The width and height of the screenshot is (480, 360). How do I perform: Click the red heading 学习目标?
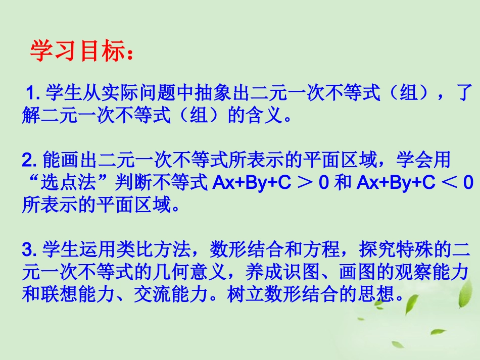pyautogui.click(x=76, y=51)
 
